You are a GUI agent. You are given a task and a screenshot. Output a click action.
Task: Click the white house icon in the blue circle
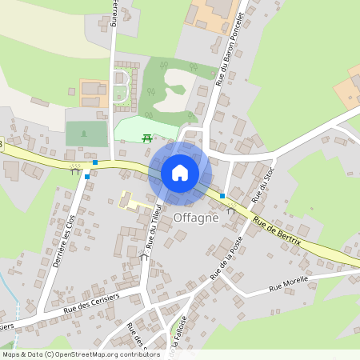click(179, 172)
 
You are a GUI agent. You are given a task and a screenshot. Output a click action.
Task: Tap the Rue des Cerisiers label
click(91, 302)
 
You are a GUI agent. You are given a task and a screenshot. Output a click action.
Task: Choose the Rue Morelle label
click(288, 286)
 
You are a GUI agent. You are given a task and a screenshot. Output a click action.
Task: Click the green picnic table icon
click(147, 138)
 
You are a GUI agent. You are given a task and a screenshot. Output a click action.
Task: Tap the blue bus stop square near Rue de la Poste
click(222, 195)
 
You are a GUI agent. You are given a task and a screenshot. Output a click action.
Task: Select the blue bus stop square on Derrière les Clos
click(86, 176)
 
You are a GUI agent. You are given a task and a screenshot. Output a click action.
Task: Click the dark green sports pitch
click(86, 133)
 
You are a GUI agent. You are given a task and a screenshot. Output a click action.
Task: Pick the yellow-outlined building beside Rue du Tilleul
click(136, 200)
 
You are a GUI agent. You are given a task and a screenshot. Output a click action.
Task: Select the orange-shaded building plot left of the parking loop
click(93, 89)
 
